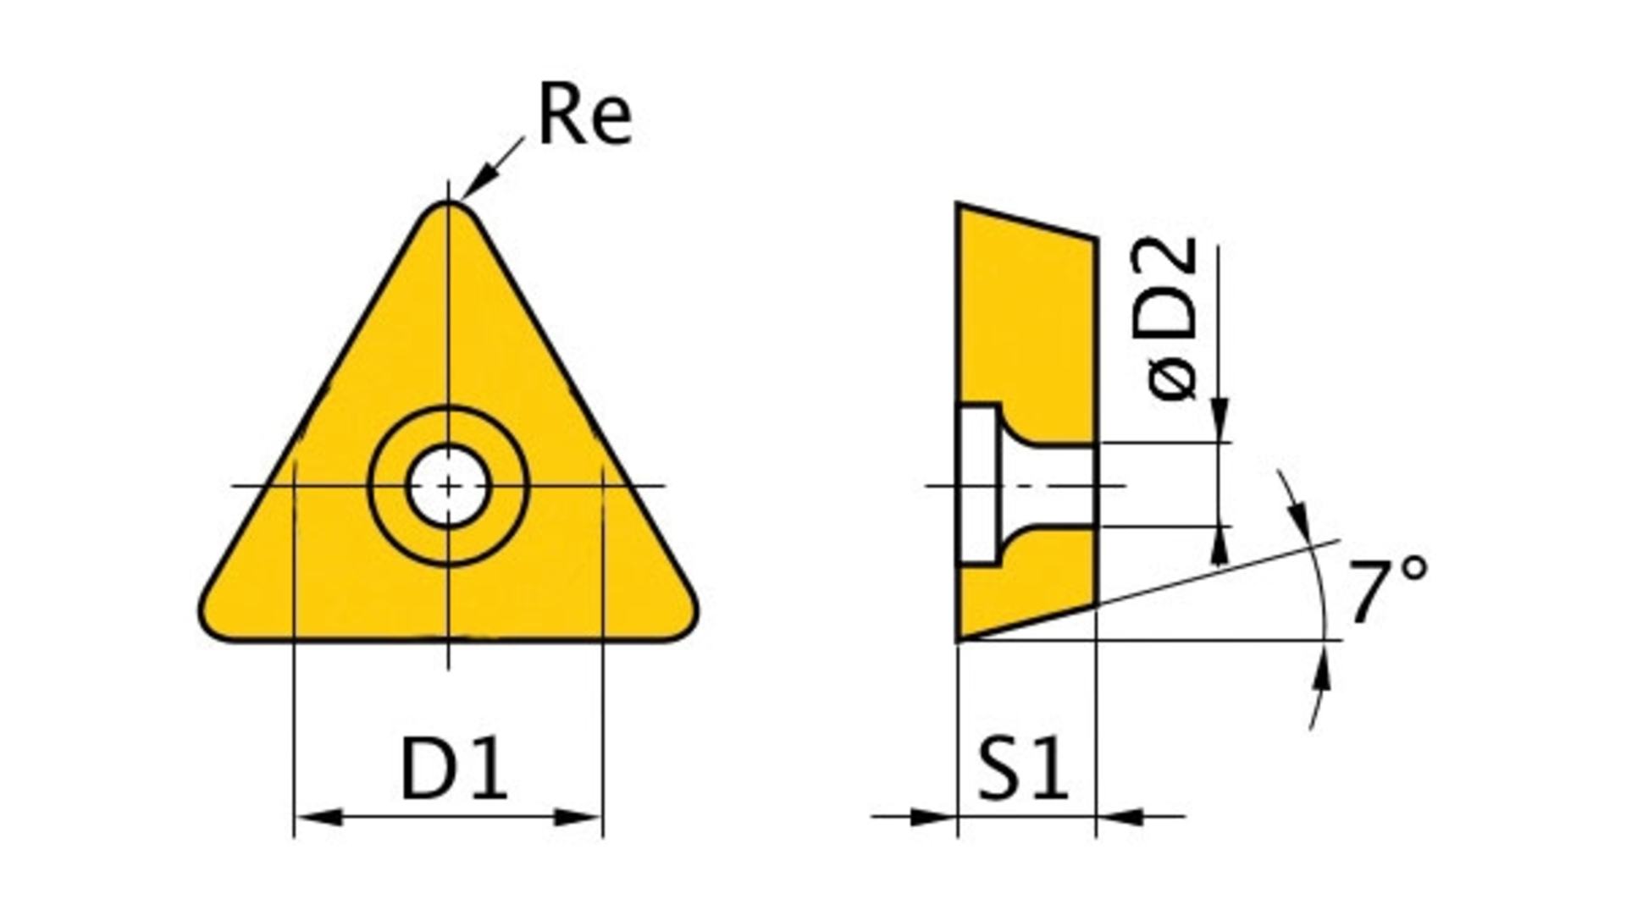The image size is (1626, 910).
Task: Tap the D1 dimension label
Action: [x=454, y=769]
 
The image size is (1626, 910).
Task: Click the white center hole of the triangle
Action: [x=448, y=486]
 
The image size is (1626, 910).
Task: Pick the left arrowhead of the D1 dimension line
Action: [x=319, y=818]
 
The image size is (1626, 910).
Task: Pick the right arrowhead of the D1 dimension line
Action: [x=578, y=818]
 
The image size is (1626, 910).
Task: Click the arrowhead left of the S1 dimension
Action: [x=932, y=818]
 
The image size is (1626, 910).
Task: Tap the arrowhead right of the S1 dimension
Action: [x=1120, y=818]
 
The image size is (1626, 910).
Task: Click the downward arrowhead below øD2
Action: [x=1219, y=418]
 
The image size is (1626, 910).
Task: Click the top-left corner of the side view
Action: [x=958, y=204]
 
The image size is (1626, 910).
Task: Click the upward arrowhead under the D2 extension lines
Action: [x=1219, y=546]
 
